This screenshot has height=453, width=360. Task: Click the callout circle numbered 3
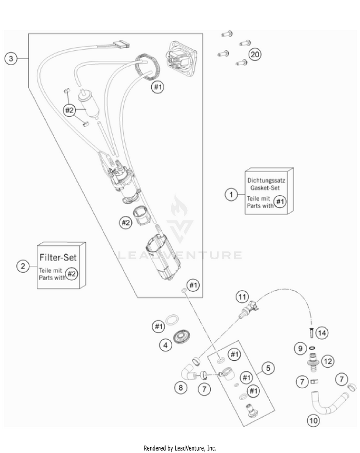click(11, 59)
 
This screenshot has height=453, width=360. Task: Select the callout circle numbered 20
click(255, 54)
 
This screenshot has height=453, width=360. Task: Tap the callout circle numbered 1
click(232, 194)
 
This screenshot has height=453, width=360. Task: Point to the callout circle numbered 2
click(22, 265)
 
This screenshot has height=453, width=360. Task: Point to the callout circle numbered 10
click(312, 421)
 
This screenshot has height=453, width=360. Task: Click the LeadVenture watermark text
click(180, 255)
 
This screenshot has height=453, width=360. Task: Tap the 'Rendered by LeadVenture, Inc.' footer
click(180, 448)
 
